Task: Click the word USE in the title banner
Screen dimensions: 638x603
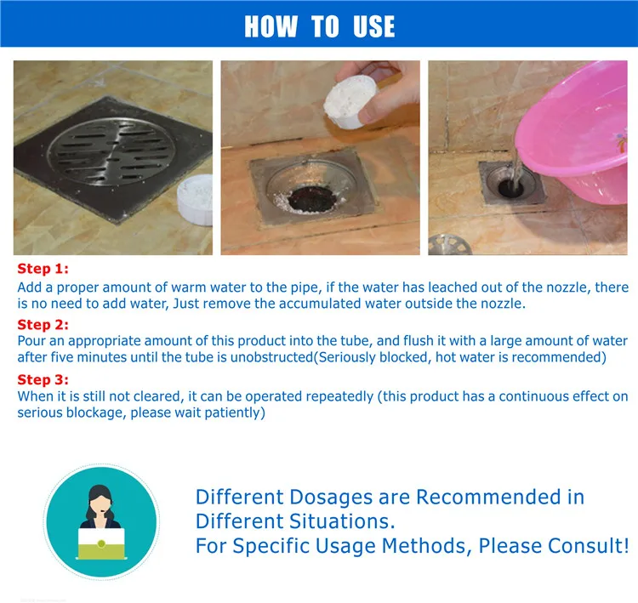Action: (x=374, y=26)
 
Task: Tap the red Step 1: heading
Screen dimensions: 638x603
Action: (x=43, y=269)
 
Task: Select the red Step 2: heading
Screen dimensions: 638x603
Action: (x=43, y=325)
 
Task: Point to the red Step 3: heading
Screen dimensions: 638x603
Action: (x=43, y=379)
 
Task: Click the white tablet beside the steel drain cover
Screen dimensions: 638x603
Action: (x=196, y=200)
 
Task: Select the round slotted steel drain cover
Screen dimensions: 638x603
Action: (x=112, y=151)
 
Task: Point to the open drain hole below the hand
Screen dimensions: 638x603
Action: (x=312, y=199)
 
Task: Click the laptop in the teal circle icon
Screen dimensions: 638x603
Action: (x=101, y=543)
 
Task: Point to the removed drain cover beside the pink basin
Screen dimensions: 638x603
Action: (x=450, y=245)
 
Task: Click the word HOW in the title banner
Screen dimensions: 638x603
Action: (x=271, y=26)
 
